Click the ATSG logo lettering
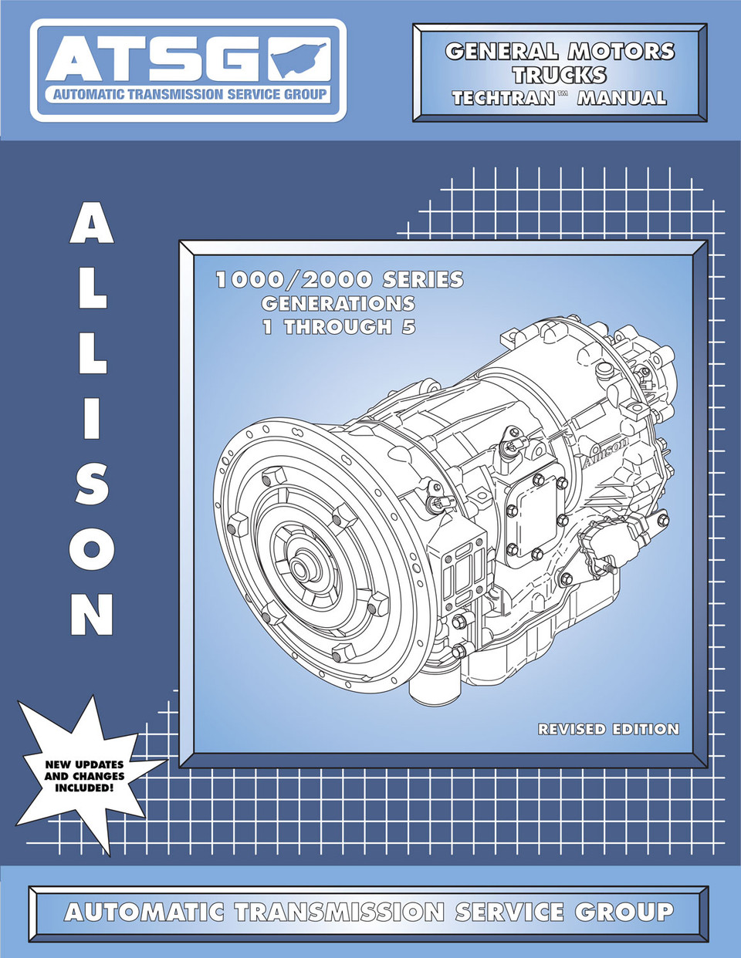click(154, 60)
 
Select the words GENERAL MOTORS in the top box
click(560, 51)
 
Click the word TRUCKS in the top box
click(560, 75)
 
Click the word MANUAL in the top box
click(621, 98)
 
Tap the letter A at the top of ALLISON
click(92, 223)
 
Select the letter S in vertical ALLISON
click(92, 483)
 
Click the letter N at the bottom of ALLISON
click(92, 614)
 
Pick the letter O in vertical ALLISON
click(92, 549)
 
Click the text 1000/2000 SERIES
click(340, 279)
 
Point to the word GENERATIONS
click(338, 303)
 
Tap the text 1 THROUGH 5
click(339, 327)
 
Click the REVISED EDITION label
click(608, 729)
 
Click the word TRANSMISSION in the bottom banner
click(340, 912)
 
